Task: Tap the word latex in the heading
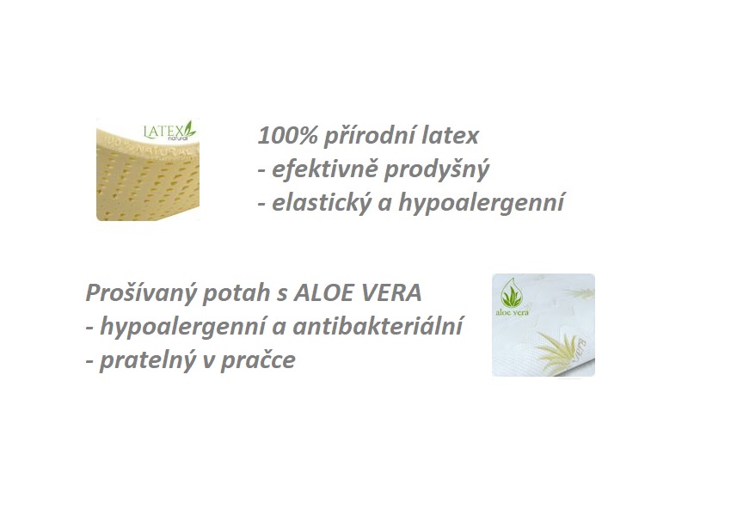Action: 451,136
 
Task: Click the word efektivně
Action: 324,169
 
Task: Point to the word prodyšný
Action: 436,170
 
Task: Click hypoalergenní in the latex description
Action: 481,204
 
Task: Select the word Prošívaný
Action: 141,293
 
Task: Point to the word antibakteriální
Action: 378,326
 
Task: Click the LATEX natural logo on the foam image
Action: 169,131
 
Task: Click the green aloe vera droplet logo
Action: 512,293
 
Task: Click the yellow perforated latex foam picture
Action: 148,169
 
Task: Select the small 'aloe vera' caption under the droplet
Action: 512,312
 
